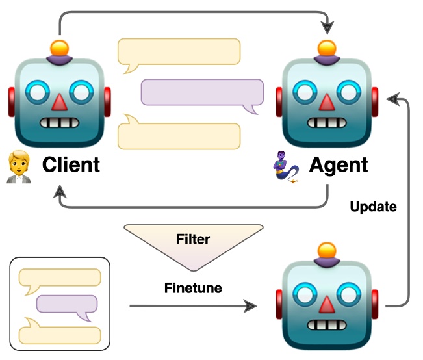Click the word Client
point(71,164)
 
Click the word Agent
point(339,165)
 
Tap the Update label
point(374,207)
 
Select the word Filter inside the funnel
point(193,239)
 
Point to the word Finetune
point(193,288)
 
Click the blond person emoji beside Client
point(19,167)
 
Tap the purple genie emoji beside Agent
point(286,168)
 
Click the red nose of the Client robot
point(59,102)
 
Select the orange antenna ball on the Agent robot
point(327,48)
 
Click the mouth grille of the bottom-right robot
point(327,325)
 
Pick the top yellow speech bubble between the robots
point(179,54)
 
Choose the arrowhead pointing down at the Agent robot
point(327,28)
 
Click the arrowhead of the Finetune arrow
point(250,306)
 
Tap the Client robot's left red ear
point(11,102)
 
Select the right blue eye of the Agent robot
point(349,92)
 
